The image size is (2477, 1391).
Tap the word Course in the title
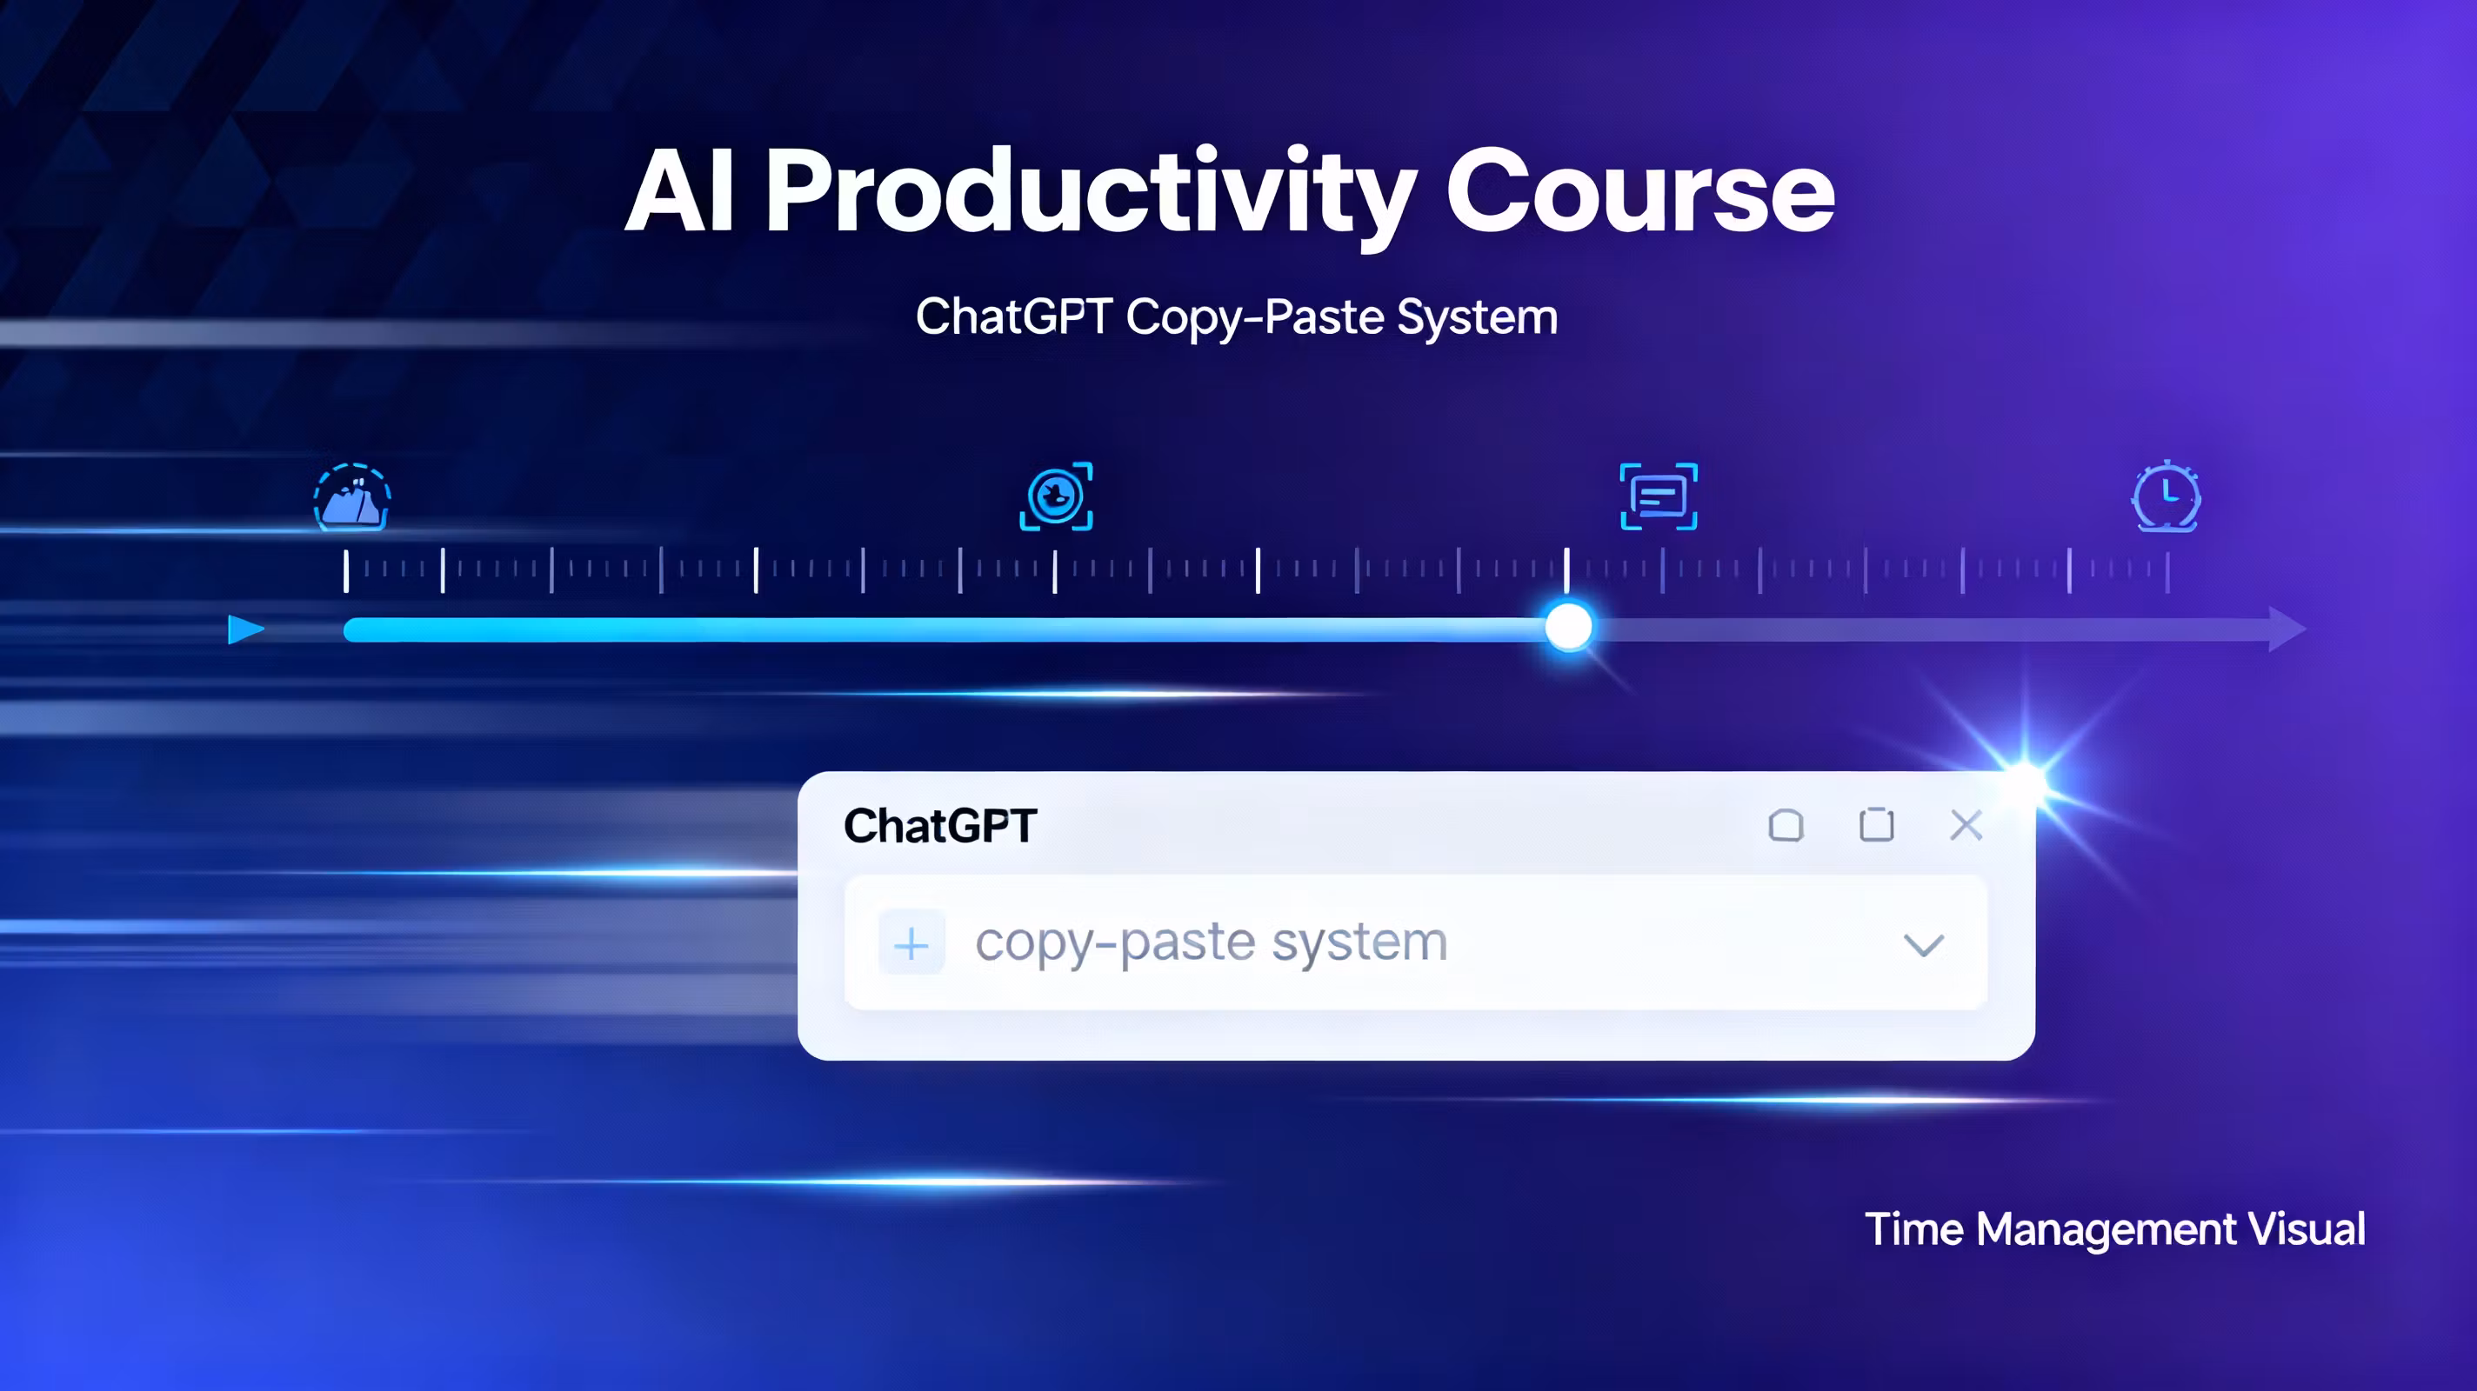coord(1640,192)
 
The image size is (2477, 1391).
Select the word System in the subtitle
coord(1477,318)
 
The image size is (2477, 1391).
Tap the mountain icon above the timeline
coord(352,497)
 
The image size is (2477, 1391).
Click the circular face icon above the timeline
coord(1056,496)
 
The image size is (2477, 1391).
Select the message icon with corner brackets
coord(1659,496)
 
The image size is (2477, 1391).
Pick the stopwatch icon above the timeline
coord(2167,496)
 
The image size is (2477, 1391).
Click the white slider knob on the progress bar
coord(1568,628)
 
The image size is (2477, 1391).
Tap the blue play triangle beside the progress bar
coord(246,629)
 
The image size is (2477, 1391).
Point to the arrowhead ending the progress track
coord(2287,629)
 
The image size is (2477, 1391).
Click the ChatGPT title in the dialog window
coord(939,826)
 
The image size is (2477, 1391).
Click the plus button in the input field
coord(911,945)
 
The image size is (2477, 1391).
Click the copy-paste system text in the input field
coord(1212,943)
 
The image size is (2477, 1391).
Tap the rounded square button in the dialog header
coord(1786,825)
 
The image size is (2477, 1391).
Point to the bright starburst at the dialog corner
coord(2025,779)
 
